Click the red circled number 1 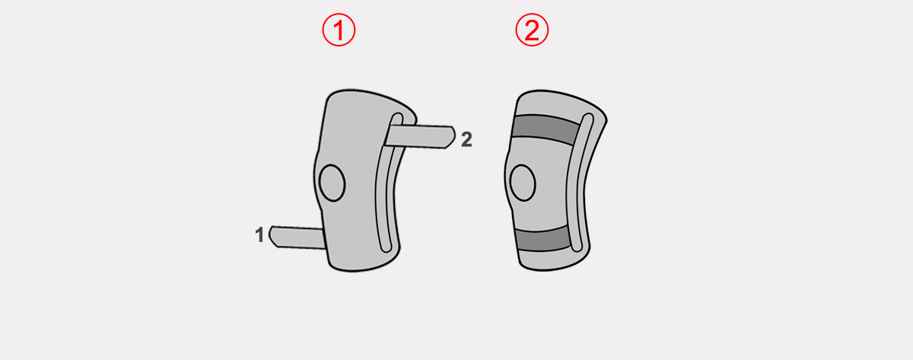tap(339, 30)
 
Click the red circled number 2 tap(532, 30)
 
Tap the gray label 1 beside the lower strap tap(259, 235)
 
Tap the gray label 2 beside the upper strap tap(466, 139)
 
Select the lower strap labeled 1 tap(297, 237)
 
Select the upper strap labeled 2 tap(420, 136)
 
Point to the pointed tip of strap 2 tap(455, 135)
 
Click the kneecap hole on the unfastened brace tap(332, 183)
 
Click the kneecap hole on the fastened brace tap(523, 183)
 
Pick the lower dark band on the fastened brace tap(543, 239)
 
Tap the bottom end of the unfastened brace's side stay tap(386, 250)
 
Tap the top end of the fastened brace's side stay tap(588, 116)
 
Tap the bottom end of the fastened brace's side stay tap(577, 249)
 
